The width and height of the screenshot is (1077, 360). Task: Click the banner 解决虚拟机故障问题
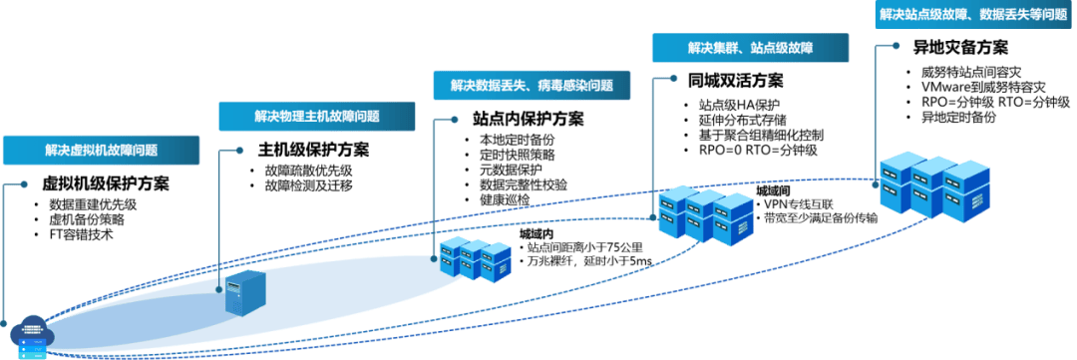(101, 151)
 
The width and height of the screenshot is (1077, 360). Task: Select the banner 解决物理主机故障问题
(317, 116)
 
